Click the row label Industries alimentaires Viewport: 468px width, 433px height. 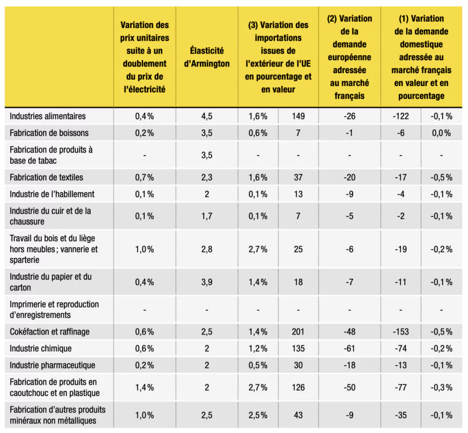[48, 116]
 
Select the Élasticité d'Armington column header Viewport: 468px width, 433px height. [207, 57]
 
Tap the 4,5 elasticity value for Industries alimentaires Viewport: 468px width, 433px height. [207, 116]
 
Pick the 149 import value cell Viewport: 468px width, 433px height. [298, 116]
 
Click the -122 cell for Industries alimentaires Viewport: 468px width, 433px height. [401, 116]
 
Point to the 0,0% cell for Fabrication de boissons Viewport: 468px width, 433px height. [441, 133]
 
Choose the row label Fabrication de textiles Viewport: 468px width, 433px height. [46, 178]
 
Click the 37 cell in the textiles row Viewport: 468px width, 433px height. [298, 178]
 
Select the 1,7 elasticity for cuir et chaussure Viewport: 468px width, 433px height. [207, 216]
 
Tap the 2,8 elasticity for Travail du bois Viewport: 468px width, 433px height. [207, 249]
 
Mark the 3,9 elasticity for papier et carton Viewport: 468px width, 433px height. [207, 282]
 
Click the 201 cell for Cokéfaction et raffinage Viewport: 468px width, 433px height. [298, 332]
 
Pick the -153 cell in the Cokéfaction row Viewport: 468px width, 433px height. [401, 332]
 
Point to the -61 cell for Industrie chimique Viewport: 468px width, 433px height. [349, 349]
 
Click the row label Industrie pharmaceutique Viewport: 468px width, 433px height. [52, 365]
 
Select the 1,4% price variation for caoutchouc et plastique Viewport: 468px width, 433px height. [144, 388]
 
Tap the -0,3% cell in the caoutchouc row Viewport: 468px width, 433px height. [441, 388]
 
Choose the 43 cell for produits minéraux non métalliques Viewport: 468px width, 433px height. [298, 415]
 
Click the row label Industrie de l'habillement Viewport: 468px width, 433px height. [52, 194]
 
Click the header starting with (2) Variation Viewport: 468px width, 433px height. [349, 57]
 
